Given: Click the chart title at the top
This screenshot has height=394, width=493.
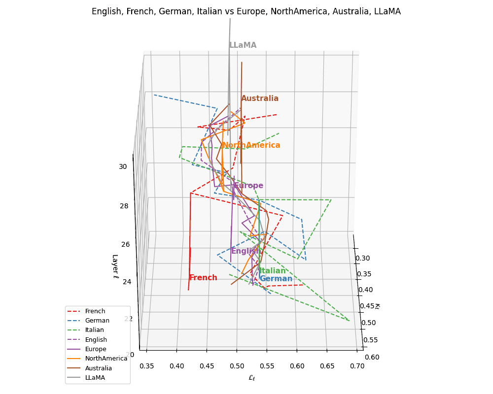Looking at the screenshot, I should (x=246, y=11).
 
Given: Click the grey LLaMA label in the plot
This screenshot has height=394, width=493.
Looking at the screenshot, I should (x=243, y=45).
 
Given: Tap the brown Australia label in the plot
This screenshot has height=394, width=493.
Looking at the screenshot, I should (x=260, y=98).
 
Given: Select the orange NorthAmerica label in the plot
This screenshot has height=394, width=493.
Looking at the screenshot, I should (x=251, y=145).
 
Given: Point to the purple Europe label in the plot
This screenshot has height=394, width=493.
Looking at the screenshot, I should (x=248, y=186).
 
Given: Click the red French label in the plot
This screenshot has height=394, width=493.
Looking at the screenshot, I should (x=203, y=278).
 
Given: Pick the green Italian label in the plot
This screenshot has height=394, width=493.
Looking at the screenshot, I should (x=272, y=271).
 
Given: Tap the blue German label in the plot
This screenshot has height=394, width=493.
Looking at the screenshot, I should (x=276, y=279).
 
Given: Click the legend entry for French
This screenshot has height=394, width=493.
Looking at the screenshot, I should (x=95, y=311).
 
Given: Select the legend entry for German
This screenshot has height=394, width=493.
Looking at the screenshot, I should (x=97, y=321).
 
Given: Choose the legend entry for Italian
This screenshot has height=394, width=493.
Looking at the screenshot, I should (x=94, y=330).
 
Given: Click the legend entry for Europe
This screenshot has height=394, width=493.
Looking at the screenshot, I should (x=96, y=349).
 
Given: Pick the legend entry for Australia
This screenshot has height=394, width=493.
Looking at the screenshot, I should (x=98, y=368).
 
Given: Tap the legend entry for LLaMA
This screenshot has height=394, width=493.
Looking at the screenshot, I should (x=95, y=378).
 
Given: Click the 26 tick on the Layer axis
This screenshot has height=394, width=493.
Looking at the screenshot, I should (x=124, y=244).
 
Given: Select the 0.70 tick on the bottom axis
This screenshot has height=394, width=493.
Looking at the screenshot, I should (x=357, y=366).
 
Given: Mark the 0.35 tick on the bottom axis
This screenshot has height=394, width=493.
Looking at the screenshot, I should (x=146, y=366).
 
